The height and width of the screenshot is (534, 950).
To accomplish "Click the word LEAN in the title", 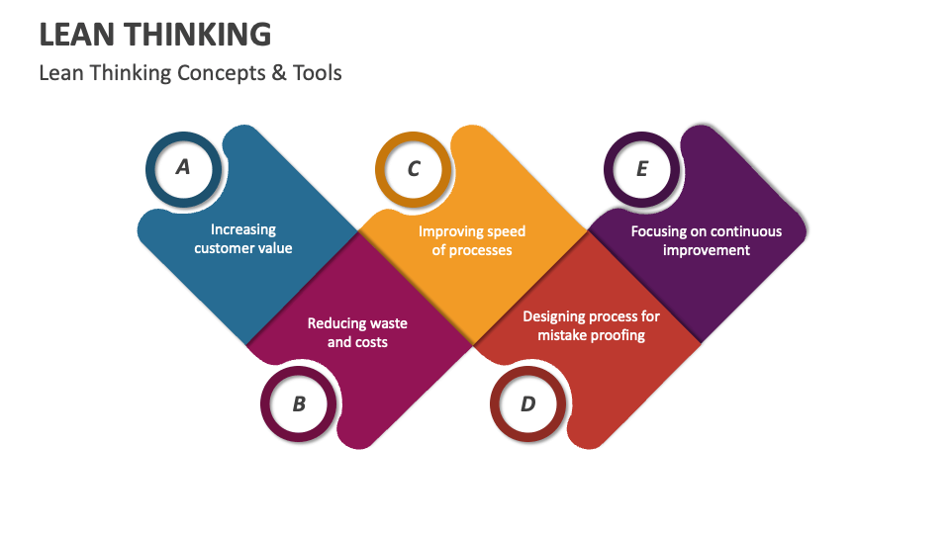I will pyautogui.click(x=75, y=35).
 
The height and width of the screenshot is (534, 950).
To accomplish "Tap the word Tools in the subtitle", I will pyautogui.click(x=317, y=73).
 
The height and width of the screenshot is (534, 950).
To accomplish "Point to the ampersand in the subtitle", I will pyautogui.click(x=276, y=73).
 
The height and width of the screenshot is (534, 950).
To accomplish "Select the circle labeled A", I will pyautogui.click(x=183, y=168).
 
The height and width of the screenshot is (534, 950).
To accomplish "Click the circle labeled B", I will pyautogui.click(x=299, y=403).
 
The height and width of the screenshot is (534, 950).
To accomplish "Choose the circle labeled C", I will pyautogui.click(x=414, y=169).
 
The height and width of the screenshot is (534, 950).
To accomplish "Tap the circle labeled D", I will pyautogui.click(x=528, y=403).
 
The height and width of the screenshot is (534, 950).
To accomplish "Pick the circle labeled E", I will pyautogui.click(x=642, y=169).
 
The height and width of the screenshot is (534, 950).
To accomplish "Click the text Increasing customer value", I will pyautogui.click(x=243, y=239).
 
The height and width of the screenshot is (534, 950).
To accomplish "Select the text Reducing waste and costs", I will pyautogui.click(x=357, y=332).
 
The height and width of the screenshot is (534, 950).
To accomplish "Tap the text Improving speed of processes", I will pyautogui.click(x=472, y=240).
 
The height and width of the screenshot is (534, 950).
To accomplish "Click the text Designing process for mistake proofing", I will pyautogui.click(x=591, y=325).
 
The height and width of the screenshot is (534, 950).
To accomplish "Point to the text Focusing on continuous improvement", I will pyautogui.click(x=707, y=240).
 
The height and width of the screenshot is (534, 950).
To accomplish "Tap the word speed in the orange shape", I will pyautogui.click(x=506, y=231).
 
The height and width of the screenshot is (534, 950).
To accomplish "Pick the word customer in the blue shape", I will pyautogui.click(x=225, y=248).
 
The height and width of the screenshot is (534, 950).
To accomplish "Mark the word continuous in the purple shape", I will pyautogui.click(x=744, y=231).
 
